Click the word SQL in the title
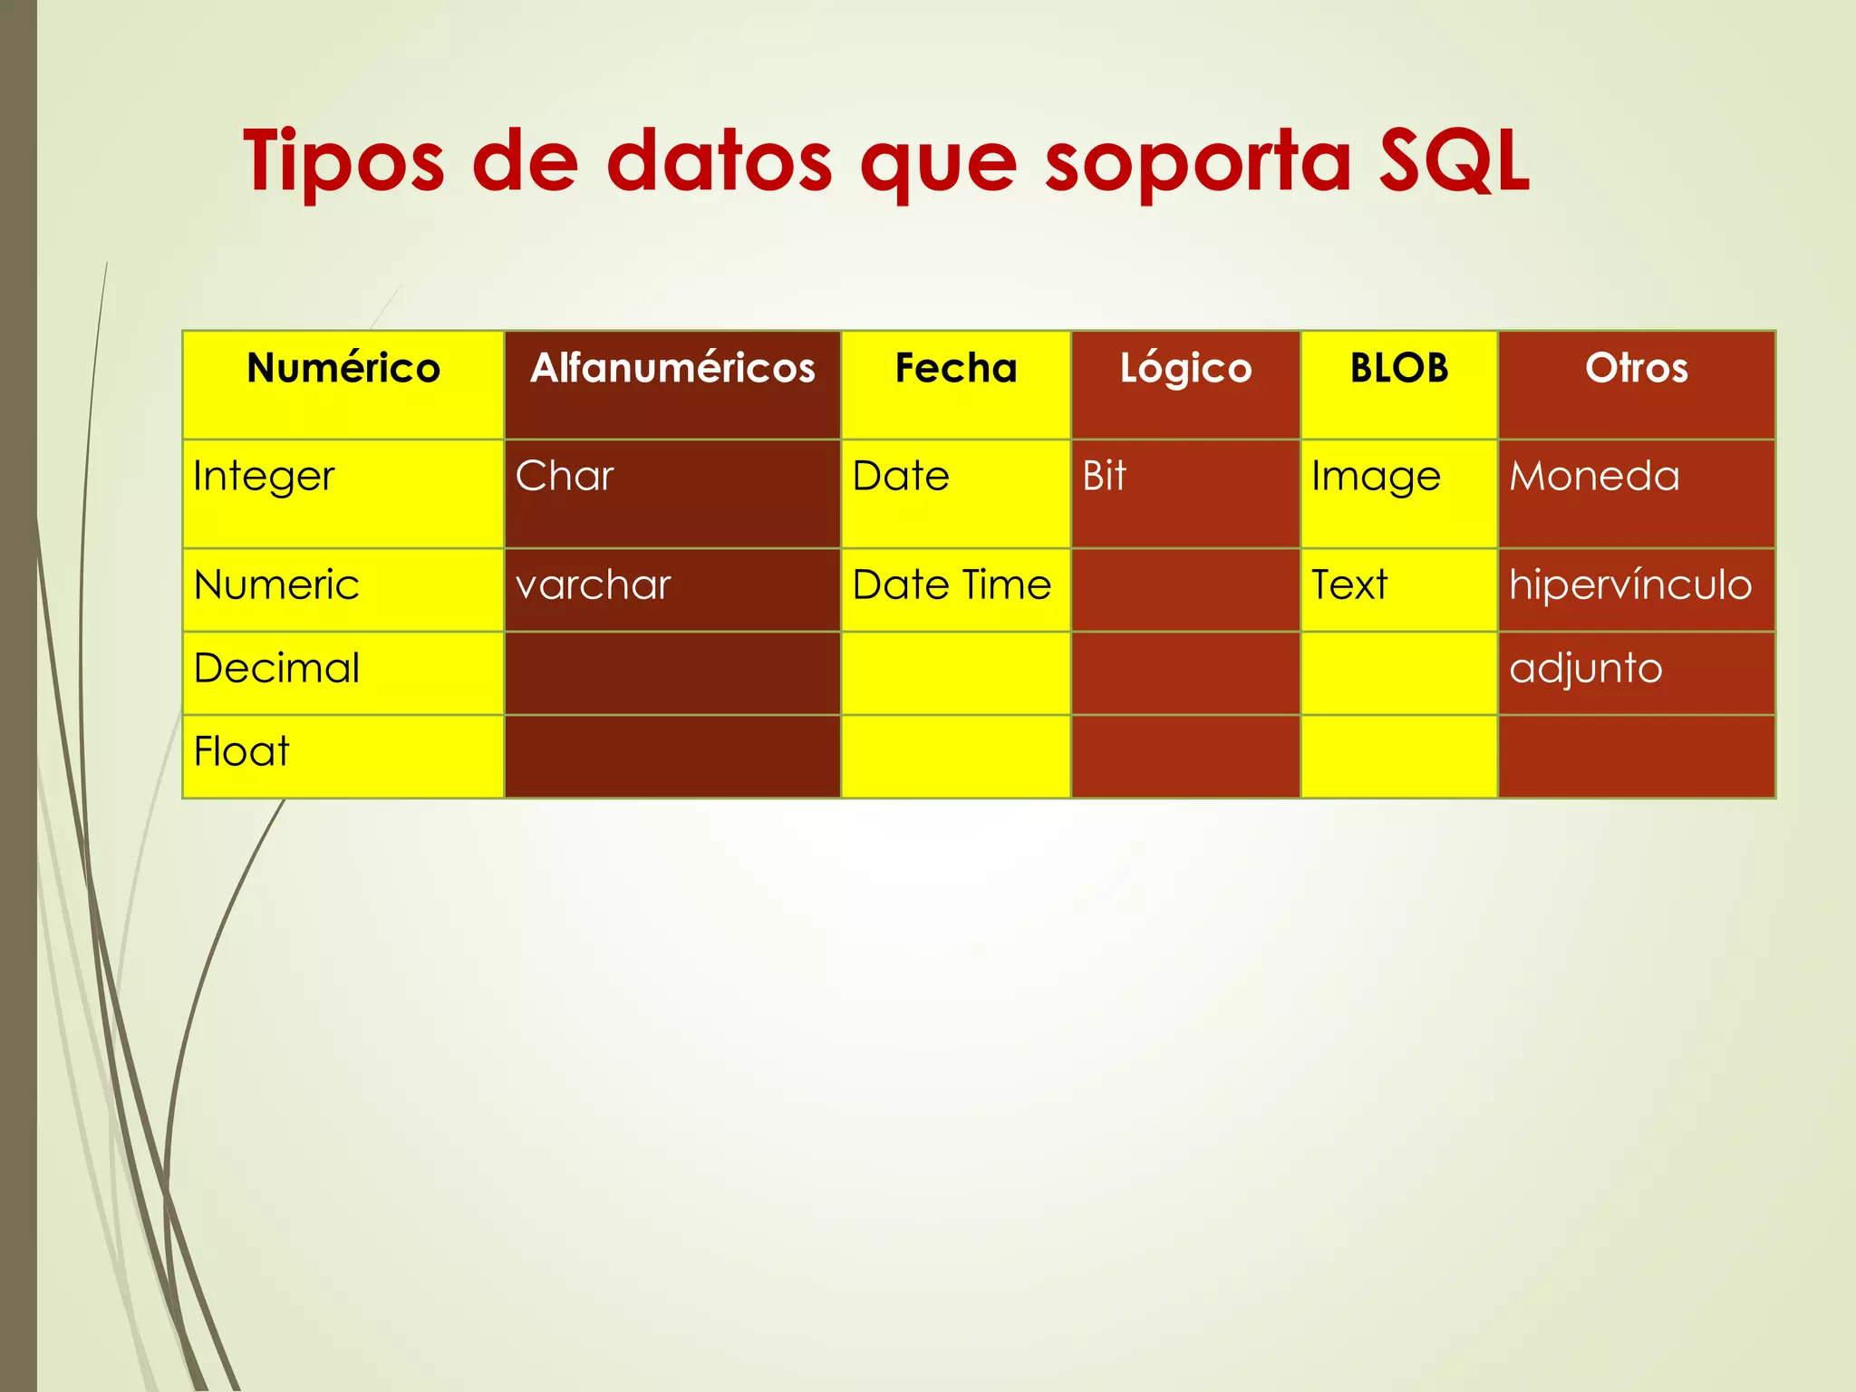point(1454,161)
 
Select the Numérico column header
point(343,369)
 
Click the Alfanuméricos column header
point(672,369)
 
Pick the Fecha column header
point(956,369)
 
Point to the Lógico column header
point(1185,369)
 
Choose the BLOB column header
point(1399,369)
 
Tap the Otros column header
point(1637,369)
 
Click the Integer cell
point(264,477)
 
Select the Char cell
point(565,477)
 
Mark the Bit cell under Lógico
point(1104,477)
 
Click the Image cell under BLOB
point(1376,477)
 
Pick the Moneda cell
point(1594,477)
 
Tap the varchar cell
point(593,585)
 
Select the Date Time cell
point(952,585)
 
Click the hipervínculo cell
point(1630,585)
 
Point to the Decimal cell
point(276,669)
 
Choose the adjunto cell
point(1586,669)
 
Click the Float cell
point(241,752)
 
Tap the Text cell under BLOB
point(1348,585)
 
